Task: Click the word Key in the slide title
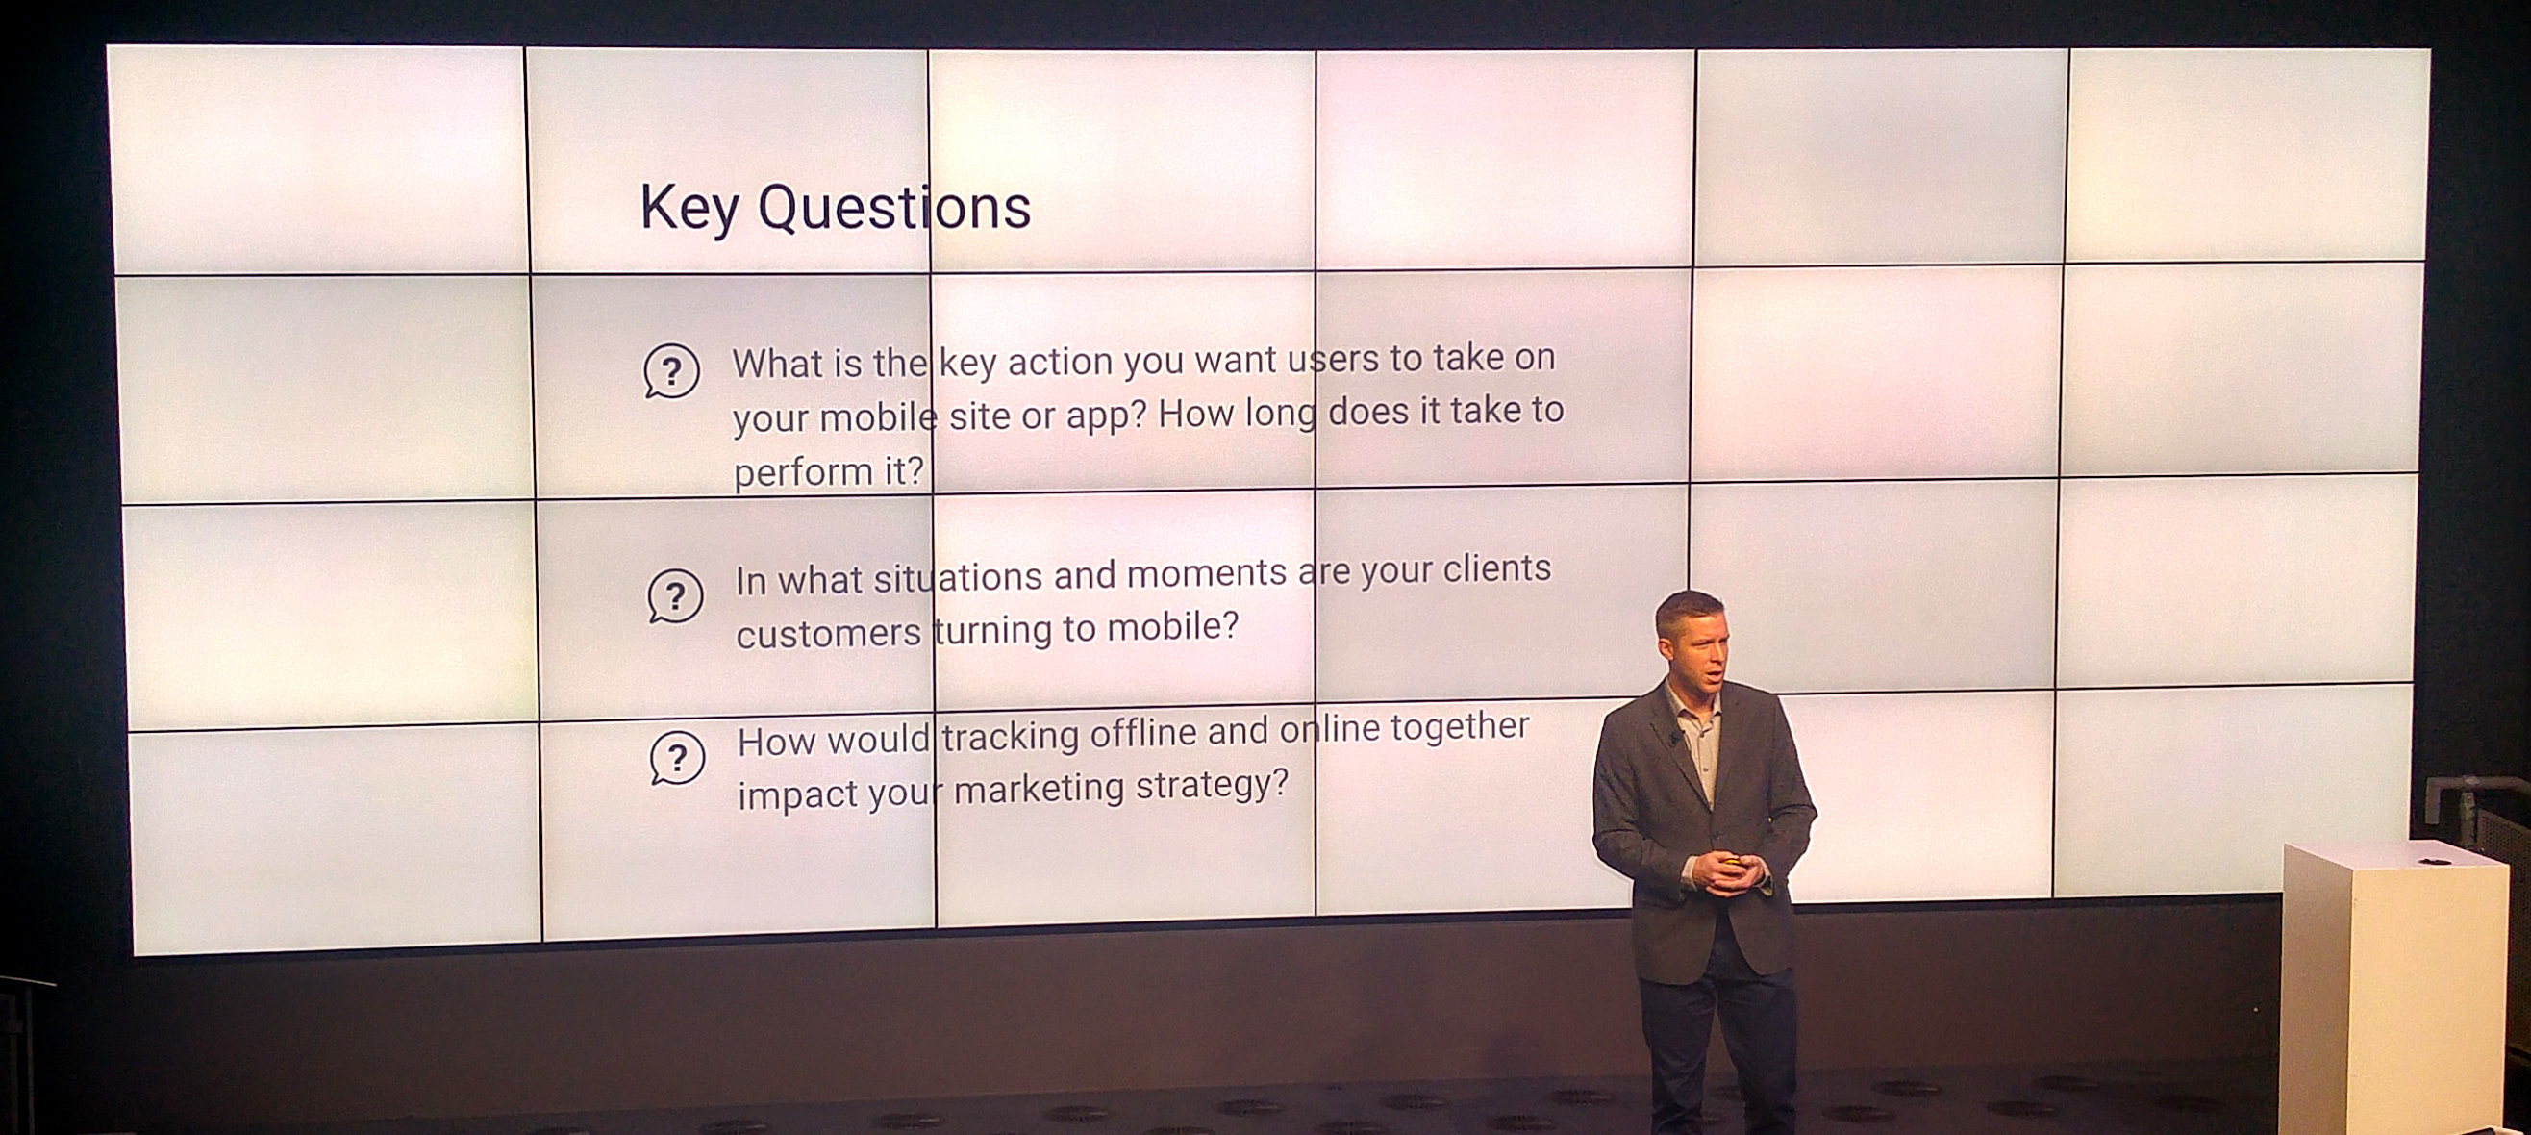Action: pyautogui.click(x=689, y=209)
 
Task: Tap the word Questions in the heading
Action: pyautogui.click(x=894, y=208)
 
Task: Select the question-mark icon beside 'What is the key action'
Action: pyautogui.click(x=672, y=371)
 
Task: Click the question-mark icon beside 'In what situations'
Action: pyautogui.click(x=675, y=596)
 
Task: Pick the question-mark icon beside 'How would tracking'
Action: pyautogui.click(x=678, y=759)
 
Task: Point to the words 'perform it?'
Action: pyautogui.click(x=829, y=471)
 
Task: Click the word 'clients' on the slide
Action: pyautogui.click(x=1496, y=568)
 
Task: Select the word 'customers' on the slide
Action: pyautogui.click(x=828, y=634)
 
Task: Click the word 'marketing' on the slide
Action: pyautogui.click(x=1039, y=789)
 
